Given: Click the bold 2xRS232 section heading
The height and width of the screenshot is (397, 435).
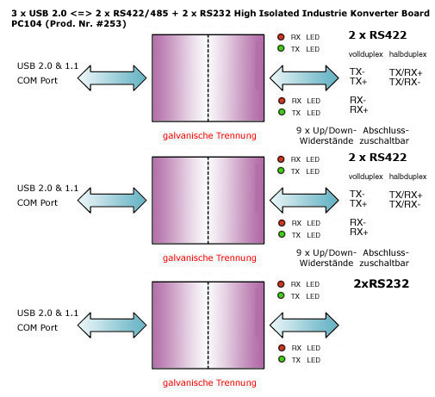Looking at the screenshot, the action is pyautogui.click(x=381, y=283).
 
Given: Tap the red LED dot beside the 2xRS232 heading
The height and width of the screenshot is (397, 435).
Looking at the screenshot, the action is pyautogui.click(x=281, y=284).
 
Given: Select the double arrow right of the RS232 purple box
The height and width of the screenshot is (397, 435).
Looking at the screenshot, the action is pyautogui.click(x=304, y=325).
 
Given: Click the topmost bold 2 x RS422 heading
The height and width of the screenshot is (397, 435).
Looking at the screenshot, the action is pyautogui.click(x=377, y=35).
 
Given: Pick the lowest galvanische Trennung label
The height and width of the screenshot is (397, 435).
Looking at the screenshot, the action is pyautogui.click(x=209, y=382).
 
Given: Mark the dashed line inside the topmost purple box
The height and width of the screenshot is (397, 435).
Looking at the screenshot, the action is pyautogui.click(x=208, y=78).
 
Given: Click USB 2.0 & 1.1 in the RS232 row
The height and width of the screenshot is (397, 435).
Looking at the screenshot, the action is pyautogui.click(x=47, y=313).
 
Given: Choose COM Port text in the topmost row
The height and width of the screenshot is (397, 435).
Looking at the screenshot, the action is pyautogui.click(x=37, y=80).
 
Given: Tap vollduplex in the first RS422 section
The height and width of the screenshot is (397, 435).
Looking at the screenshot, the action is pyautogui.click(x=365, y=54).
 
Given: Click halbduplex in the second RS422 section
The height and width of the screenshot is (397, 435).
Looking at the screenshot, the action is pyautogui.click(x=407, y=177).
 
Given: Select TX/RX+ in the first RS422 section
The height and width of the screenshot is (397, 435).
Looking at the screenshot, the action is pyautogui.click(x=406, y=72).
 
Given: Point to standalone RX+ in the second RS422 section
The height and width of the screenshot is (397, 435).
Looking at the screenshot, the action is pyautogui.click(x=359, y=232).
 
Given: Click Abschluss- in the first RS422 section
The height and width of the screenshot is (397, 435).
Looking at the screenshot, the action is pyautogui.click(x=386, y=130).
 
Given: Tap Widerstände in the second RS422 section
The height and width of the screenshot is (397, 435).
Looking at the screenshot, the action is pyautogui.click(x=326, y=263).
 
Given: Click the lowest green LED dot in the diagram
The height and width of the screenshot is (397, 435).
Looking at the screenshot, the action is pyautogui.click(x=282, y=359).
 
